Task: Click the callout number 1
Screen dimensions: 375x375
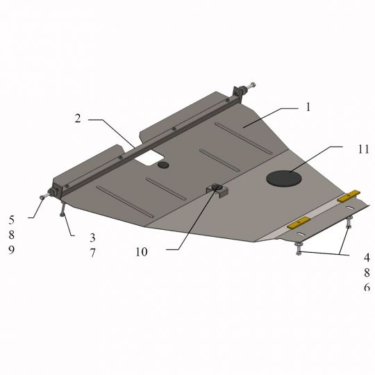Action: [x=308, y=107]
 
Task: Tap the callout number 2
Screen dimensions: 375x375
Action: [x=78, y=118]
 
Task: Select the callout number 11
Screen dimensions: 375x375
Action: [x=363, y=149]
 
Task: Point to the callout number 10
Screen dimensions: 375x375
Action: [x=142, y=251]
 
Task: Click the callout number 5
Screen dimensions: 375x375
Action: [x=12, y=219]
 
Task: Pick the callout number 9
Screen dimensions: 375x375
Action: [x=12, y=250]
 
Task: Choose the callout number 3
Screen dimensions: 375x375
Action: [x=92, y=237]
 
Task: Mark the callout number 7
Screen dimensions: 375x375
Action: [x=92, y=253]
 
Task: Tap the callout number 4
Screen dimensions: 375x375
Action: [x=367, y=258]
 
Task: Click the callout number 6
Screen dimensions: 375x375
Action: [x=367, y=287]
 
